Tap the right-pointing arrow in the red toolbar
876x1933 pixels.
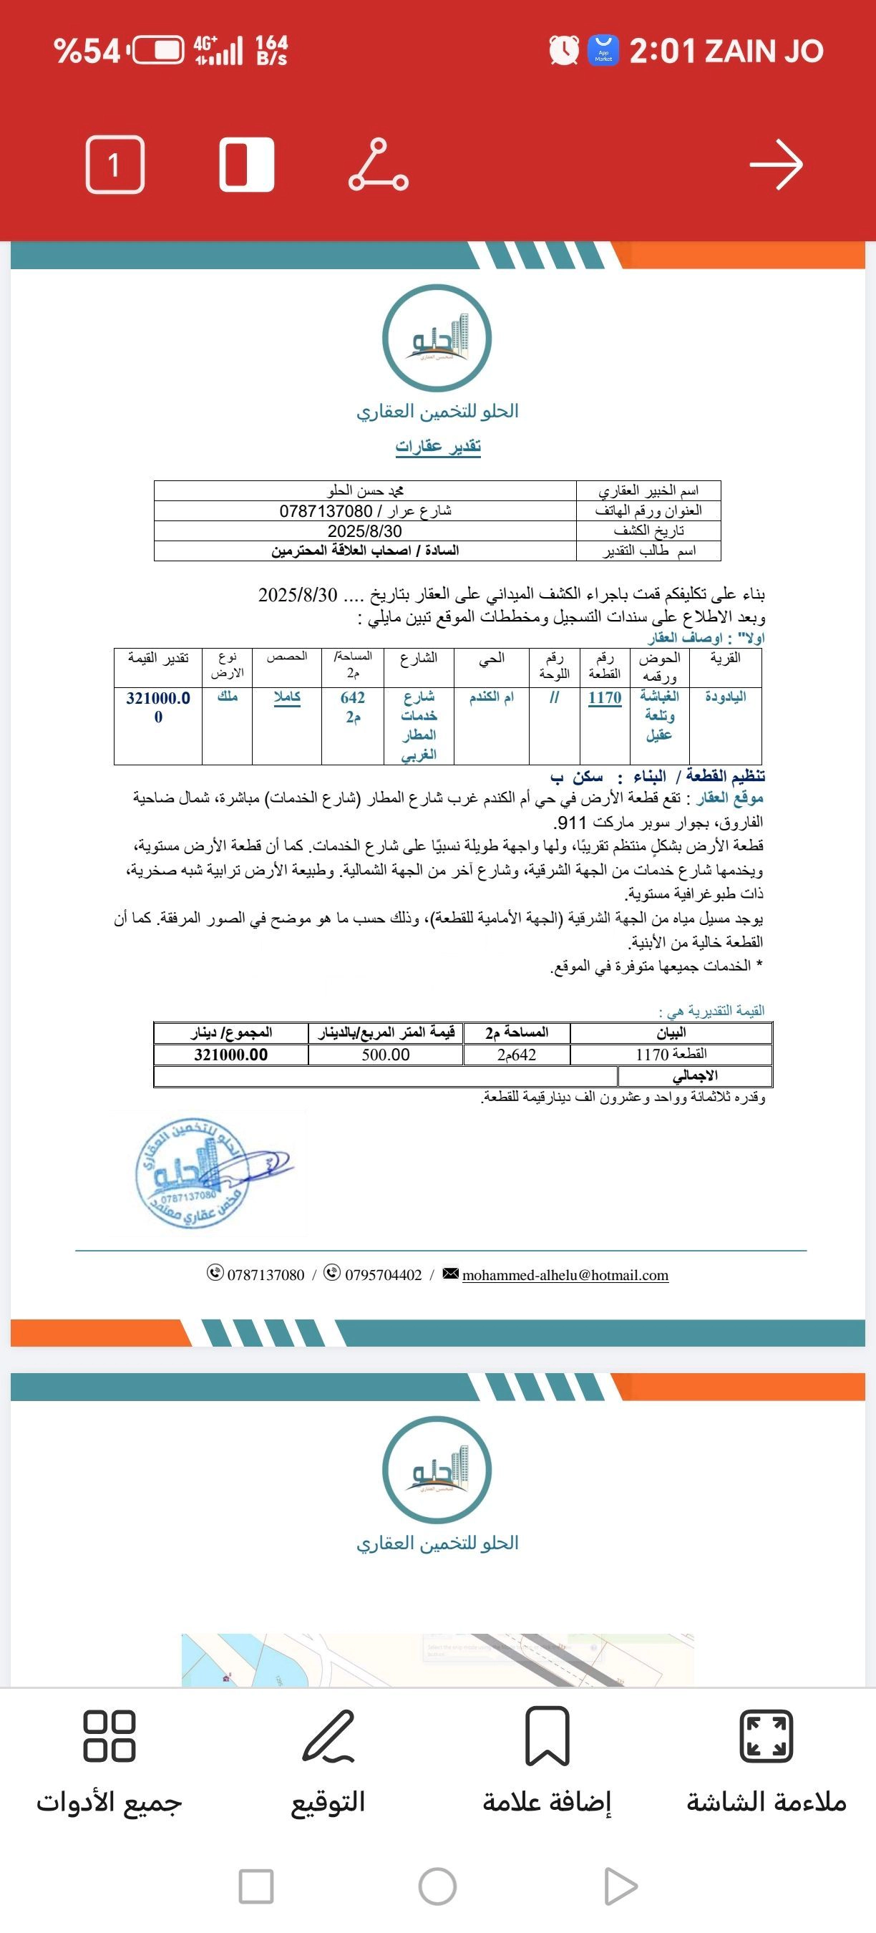pos(777,165)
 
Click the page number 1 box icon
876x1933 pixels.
pos(115,165)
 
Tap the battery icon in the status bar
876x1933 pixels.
pos(158,51)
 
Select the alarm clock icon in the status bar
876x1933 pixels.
pos(564,50)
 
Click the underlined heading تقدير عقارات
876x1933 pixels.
pos(438,447)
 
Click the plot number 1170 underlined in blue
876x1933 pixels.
pos(605,698)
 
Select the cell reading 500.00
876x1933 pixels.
pos(386,1055)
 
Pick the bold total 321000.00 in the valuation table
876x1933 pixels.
pos(231,1055)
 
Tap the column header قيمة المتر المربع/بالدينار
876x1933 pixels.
pos(386,1032)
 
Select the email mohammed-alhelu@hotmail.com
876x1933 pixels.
pos(565,1275)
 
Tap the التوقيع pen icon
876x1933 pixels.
pos(328,1736)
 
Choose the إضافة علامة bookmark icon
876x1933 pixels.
pos(547,1736)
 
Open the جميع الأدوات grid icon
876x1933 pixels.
pos(109,1736)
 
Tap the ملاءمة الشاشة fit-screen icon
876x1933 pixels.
pos(766,1736)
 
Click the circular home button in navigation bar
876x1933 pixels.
pos(437,1886)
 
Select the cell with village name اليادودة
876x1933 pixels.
pos(725,697)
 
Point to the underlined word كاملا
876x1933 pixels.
pos(286,697)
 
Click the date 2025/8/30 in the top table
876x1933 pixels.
pos(364,531)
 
